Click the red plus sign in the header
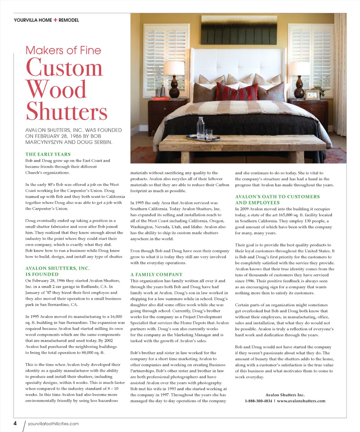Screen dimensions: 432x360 point(55,20)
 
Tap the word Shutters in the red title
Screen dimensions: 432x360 point(67,112)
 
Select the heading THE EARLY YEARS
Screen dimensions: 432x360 point(48,154)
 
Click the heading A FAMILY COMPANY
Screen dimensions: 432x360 point(156,274)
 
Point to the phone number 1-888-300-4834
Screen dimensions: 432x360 point(258,401)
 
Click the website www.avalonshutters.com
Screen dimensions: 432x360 point(301,401)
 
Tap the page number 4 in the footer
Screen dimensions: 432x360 point(15,423)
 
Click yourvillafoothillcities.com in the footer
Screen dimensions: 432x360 point(53,424)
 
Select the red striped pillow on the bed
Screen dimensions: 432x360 point(236,93)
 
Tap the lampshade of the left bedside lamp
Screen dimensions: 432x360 point(174,68)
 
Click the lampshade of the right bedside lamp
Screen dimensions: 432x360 point(298,69)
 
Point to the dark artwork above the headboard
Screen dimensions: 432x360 point(239,30)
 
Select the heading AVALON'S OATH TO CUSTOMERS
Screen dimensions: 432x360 point(277,196)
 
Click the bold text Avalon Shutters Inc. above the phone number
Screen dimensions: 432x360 point(285,395)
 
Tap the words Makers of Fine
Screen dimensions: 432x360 point(63,50)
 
